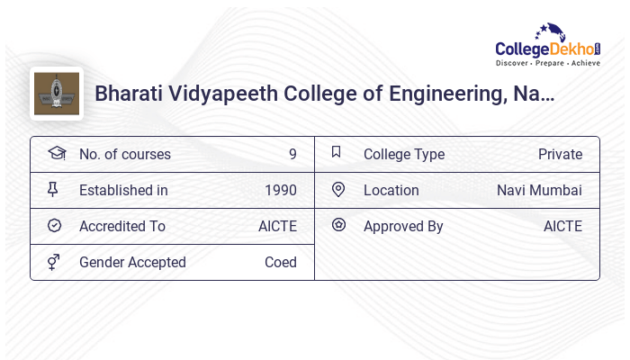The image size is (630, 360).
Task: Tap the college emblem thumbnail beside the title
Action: coord(56,94)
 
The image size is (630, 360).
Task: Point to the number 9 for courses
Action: coord(292,155)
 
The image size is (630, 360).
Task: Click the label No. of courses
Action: coord(124,155)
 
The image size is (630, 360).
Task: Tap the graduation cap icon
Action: coord(56,153)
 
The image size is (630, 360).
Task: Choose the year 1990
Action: coord(281,191)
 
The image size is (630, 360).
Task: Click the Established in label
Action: coord(123,191)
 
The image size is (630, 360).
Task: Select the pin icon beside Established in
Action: coord(53,190)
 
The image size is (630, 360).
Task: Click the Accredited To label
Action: coord(122,227)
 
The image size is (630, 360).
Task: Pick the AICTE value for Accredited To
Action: coord(277,227)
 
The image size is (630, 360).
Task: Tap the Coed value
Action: coord(280,263)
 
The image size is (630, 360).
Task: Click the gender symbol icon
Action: coord(53,262)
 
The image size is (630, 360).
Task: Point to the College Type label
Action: coord(404,155)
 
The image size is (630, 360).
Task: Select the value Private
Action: coord(560,155)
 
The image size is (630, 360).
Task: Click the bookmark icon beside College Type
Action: coord(337,153)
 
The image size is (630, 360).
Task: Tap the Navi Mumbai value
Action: coord(539,191)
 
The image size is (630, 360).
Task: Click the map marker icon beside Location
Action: coord(338,190)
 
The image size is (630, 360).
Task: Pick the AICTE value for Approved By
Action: coord(562,227)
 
